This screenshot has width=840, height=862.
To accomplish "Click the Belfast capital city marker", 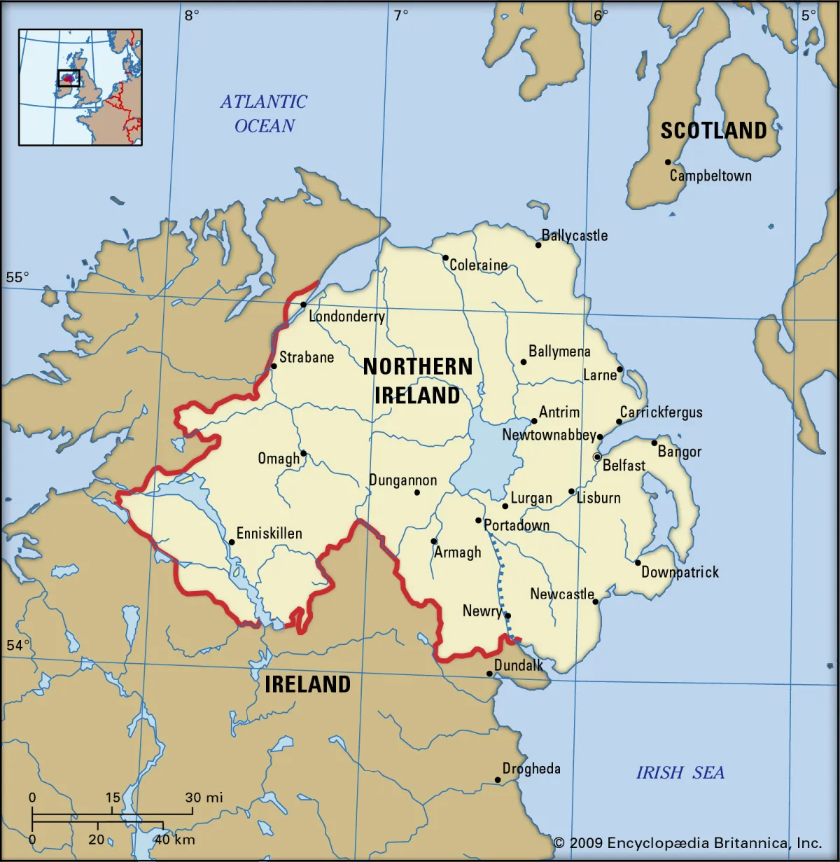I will (x=597, y=457).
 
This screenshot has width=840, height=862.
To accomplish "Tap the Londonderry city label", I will (x=346, y=317).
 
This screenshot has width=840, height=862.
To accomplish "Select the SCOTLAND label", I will (x=713, y=131).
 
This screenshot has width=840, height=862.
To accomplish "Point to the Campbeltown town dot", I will (x=668, y=162).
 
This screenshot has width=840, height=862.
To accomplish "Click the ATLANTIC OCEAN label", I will (x=264, y=113).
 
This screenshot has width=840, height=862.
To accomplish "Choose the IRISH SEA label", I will (x=680, y=772).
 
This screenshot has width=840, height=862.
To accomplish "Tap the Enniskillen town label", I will (x=269, y=534).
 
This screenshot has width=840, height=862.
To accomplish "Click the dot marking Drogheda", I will (x=498, y=779).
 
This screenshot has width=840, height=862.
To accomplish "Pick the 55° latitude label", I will (x=17, y=277).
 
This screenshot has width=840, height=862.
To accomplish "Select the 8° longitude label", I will (x=191, y=15).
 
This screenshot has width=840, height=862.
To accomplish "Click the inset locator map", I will (x=80, y=87).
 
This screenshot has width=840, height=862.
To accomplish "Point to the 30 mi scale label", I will (x=204, y=797).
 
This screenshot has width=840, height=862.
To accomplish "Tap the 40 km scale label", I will (x=174, y=839).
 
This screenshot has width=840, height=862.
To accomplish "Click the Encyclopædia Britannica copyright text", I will (x=687, y=842).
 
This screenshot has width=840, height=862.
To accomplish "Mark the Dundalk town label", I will (x=519, y=665).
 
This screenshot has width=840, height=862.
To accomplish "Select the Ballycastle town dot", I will (x=538, y=245).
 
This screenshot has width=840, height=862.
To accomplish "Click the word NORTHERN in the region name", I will (x=418, y=366).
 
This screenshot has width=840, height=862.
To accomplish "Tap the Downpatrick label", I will (x=680, y=572).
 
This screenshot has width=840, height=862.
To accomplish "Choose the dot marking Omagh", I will (x=303, y=453).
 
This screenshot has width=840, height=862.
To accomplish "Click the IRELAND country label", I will (x=307, y=684).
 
